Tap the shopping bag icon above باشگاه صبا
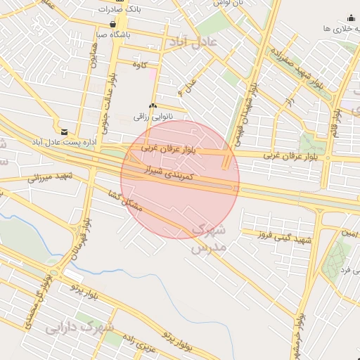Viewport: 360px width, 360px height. (113, 23)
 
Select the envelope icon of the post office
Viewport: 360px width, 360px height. (64, 131)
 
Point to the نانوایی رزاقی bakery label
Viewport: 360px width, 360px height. (162, 116)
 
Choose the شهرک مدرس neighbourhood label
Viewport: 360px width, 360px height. (209, 238)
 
